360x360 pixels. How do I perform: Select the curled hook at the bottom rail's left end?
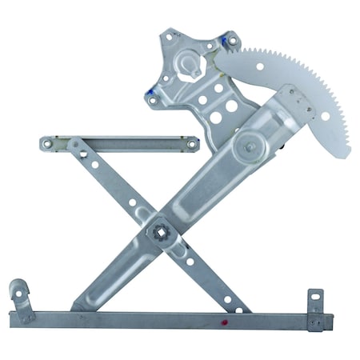(x=18, y=290)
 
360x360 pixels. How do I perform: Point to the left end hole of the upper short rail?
(x=47, y=144)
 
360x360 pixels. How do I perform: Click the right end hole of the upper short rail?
(x=190, y=144)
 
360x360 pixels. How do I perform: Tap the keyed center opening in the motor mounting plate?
(x=189, y=63)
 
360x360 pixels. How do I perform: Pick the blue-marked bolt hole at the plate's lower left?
(x=150, y=96)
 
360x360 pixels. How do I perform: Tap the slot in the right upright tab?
(x=315, y=302)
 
